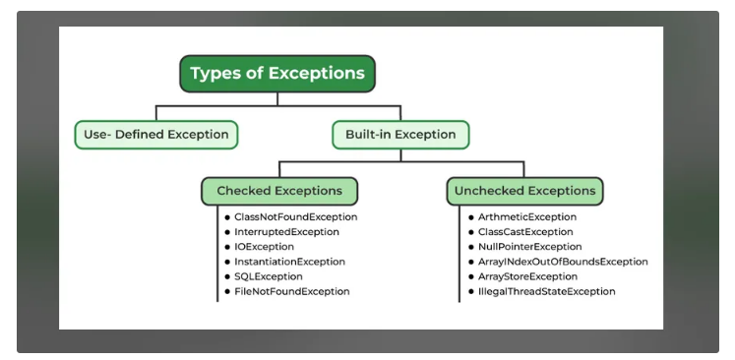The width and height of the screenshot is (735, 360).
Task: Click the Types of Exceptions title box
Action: point(277,74)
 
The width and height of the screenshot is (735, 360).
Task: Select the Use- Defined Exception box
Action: point(156,135)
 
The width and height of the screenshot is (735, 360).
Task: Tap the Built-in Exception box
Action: point(400,135)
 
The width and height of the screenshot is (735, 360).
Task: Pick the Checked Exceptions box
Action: point(279,191)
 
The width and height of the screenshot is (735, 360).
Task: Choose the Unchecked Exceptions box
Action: point(525,191)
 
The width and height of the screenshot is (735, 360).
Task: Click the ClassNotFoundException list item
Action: point(296,217)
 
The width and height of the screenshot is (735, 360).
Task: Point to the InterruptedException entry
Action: point(286,232)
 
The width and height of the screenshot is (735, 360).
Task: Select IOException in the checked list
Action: point(265,247)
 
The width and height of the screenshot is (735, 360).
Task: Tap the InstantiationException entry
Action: point(289,262)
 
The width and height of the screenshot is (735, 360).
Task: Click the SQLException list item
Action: point(269,276)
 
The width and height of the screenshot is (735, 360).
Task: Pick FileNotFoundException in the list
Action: point(292,291)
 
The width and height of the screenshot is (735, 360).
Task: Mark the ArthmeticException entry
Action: point(527,217)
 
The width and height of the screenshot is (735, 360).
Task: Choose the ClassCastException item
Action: point(525,232)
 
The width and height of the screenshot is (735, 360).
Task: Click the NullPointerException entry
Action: point(530,247)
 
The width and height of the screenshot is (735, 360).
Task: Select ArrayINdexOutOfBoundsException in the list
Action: point(563,262)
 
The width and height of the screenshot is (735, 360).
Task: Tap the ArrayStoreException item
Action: point(527,276)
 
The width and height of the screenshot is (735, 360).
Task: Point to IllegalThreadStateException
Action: point(546,291)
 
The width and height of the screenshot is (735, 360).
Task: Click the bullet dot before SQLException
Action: point(227,276)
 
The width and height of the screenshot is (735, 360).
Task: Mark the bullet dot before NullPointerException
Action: point(471,247)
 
